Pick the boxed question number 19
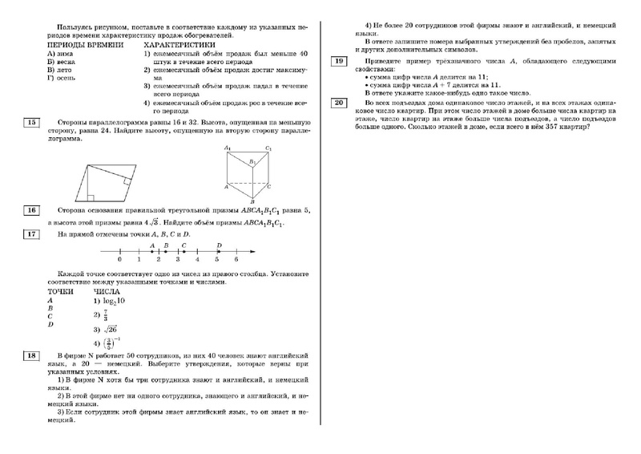(x=340, y=62)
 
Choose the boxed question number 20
(x=340, y=103)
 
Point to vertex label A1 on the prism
(x=228, y=148)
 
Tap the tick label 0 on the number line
(x=119, y=261)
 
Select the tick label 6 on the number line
(x=236, y=261)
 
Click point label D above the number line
(x=219, y=245)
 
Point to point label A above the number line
(x=151, y=245)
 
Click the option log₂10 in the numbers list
(x=111, y=300)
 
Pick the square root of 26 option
(x=109, y=328)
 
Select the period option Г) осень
(x=65, y=77)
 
